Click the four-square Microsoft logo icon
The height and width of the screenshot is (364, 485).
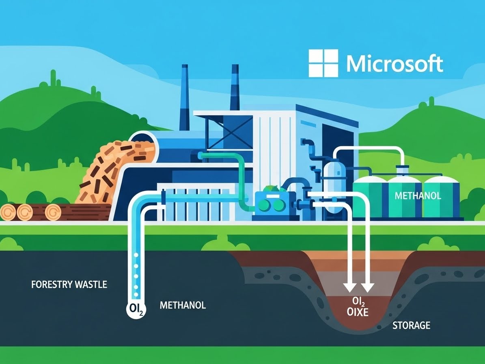[323, 63]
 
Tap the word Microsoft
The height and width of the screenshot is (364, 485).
[394, 64]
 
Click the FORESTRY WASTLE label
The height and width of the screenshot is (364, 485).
[69, 284]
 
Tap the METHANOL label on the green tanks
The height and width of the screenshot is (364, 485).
[418, 196]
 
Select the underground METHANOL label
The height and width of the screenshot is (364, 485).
[183, 305]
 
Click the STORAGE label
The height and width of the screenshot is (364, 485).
[411, 325]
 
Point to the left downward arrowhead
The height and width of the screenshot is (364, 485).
[349, 287]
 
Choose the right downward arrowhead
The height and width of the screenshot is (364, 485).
[367, 287]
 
